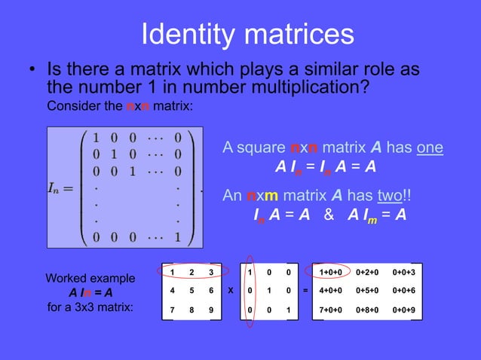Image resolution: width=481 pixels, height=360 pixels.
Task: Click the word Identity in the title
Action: tap(195, 34)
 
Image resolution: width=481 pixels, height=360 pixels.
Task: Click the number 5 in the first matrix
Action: tap(192, 290)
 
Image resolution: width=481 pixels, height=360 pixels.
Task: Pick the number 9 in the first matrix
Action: tap(212, 310)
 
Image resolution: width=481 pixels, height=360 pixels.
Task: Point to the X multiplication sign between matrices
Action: tap(230, 290)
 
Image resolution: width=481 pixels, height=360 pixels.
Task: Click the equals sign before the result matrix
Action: tap(305, 290)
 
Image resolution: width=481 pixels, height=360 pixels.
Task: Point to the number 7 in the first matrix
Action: tap(173, 310)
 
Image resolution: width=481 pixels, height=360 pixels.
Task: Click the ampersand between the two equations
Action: tap(328, 215)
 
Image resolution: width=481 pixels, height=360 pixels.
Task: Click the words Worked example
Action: tap(91, 278)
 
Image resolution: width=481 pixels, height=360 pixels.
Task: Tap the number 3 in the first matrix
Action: tap(212, 271)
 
